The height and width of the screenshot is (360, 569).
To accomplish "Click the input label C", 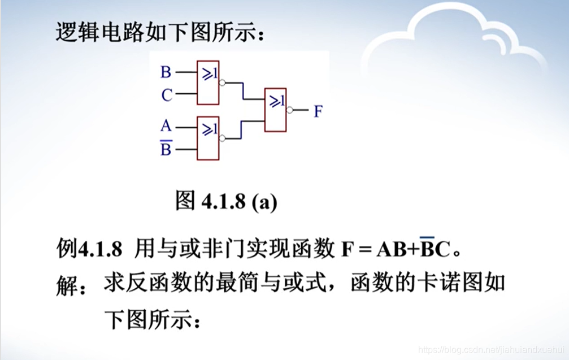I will point(166,96).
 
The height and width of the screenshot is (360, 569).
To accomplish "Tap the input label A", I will point(166,125).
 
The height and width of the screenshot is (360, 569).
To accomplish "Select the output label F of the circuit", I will point(318,111).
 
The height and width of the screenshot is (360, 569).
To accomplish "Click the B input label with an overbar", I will point(166,149).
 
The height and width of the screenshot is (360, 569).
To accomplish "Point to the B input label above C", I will point(166,72).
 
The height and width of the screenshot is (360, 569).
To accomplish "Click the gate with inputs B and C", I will point(208,83).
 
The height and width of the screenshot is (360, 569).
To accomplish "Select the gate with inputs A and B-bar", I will point(208,138).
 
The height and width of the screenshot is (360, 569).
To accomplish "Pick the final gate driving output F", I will point(276,110).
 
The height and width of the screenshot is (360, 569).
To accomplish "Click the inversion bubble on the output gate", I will point(289,110).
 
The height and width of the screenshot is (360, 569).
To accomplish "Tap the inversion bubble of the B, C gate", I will point(221,83).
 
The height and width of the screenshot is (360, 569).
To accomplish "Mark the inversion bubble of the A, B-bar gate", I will point(221,138).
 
